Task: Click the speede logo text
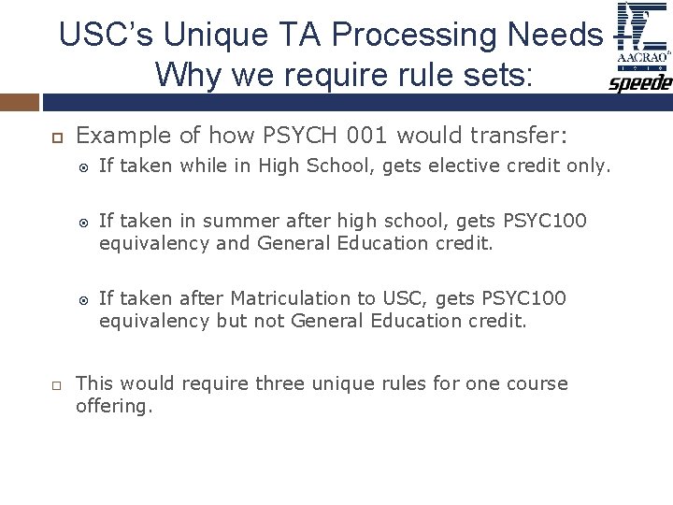pos(640,84)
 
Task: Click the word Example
pos(113,137)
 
